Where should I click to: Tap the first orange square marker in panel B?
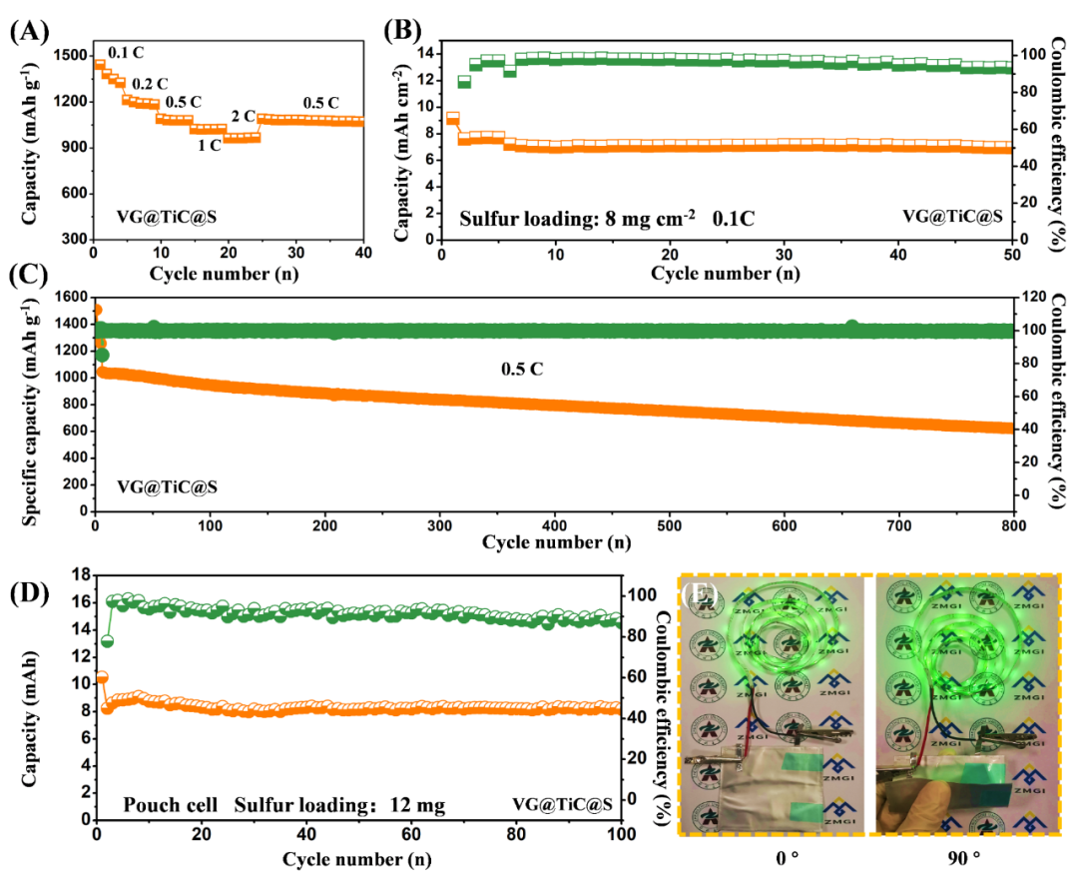pos(452,118)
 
